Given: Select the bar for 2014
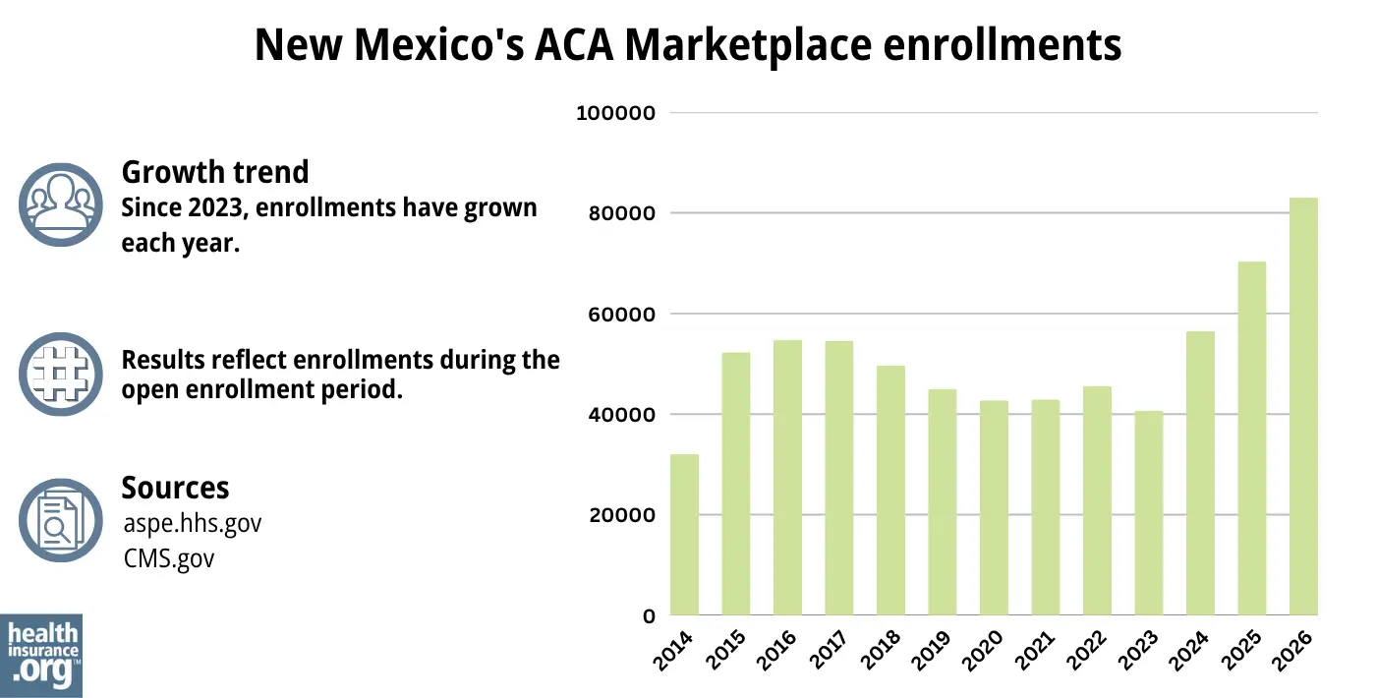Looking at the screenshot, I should (684, 535).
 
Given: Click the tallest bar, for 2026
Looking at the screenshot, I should (1303, 407).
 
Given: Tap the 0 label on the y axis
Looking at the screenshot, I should (649, 616).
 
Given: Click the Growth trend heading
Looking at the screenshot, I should (214, 172).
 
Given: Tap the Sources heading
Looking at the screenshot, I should (175, 488).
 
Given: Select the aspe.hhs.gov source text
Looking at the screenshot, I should (193, 523).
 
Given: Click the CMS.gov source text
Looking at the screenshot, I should (169, 558).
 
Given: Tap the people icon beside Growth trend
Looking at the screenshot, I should (61, 204).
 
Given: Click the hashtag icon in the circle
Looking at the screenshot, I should (61, 374).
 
